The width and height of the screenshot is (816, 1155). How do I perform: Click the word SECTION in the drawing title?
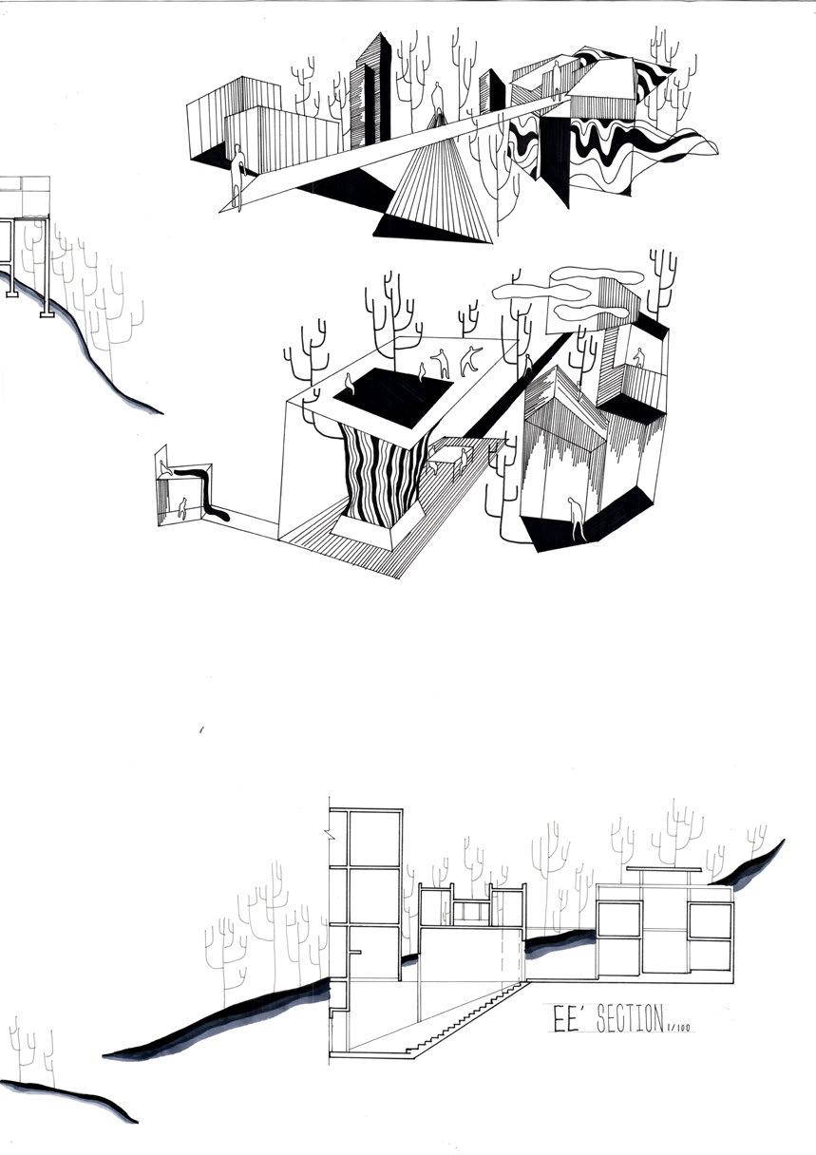click(x=617, y=1020)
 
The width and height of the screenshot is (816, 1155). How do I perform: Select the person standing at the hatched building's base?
click(x=575, y=518)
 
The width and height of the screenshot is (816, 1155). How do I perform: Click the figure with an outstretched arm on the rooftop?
click(x=469, y=360)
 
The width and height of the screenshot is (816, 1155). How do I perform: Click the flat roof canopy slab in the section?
click(x=664, y=868)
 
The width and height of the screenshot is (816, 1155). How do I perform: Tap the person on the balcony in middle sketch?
click(x=638, y=357)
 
